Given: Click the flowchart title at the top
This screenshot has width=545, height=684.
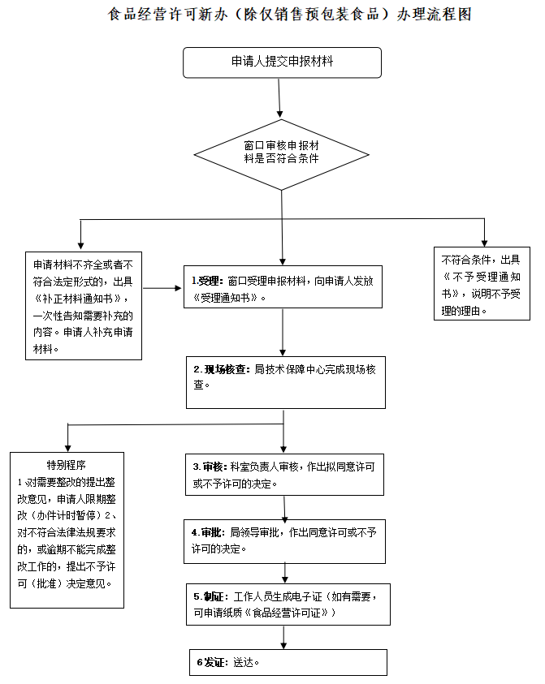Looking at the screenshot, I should [289, 15].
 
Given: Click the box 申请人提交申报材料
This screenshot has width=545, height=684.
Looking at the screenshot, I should [282, 62].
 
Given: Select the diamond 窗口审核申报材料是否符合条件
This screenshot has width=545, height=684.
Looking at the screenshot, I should [281, 152].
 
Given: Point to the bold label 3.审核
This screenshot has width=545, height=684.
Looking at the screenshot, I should [208, 467].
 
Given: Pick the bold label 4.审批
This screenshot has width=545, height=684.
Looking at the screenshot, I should [207, 533].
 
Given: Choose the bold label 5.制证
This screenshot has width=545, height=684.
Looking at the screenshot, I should [208, 596].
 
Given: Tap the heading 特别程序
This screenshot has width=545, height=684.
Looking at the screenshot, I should [67, 465].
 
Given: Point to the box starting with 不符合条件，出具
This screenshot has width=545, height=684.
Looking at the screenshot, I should [484, 285].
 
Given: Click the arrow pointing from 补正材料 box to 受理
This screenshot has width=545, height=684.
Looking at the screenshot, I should [163, 288].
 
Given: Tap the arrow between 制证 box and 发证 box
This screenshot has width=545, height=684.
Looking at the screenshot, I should [283, 638].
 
